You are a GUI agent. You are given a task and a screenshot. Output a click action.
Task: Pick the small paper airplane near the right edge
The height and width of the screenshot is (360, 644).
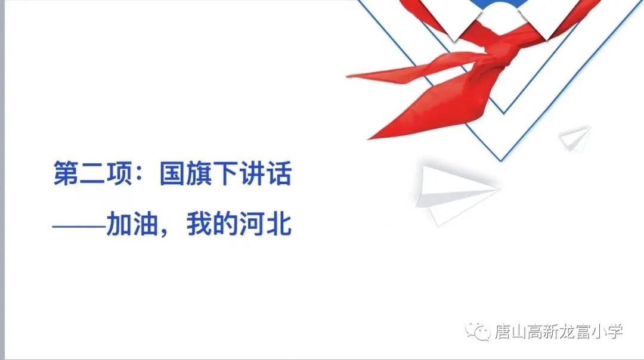pyautogui.click(x=575, y=138)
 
